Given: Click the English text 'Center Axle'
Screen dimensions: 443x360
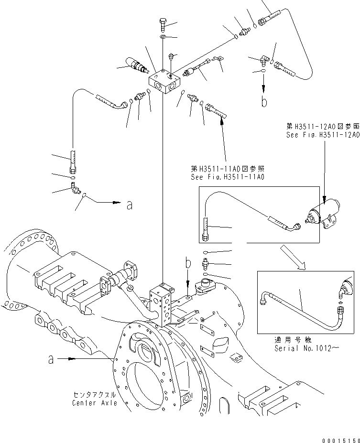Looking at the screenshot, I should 92,403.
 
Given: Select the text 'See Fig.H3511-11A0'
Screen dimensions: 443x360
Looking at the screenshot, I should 228,177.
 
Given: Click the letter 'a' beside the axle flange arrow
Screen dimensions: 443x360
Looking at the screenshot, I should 51,359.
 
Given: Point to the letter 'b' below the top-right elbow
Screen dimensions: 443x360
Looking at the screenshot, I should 264,101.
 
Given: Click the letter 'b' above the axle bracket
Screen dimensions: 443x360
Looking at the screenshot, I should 188,263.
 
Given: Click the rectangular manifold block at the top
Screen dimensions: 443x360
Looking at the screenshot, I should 165,84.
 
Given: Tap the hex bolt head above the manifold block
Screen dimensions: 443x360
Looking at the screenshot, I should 163,22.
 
